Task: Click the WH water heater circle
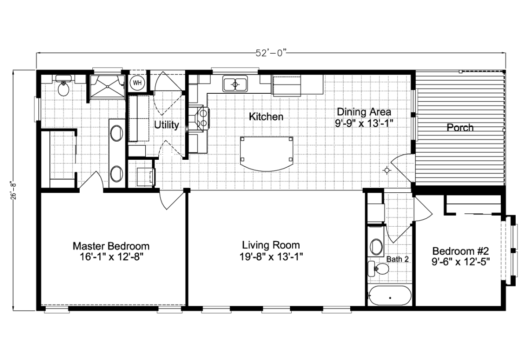[137, 83]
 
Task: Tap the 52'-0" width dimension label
[271, 53]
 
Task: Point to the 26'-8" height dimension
[13, 190]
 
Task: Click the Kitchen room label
[266, 117]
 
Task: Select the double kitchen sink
[235, 84]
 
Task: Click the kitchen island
[267, 154]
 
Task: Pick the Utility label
[167, 125]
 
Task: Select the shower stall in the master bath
[107, 86]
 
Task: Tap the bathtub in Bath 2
[390, 296]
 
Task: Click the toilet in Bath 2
[378, 269]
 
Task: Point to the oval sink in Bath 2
[376, 247]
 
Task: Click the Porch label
[460, 128]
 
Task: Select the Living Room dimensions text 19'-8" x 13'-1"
[271, 257]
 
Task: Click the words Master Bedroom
[111, 246]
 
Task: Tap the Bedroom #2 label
[461, 251]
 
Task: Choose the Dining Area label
[364, 112]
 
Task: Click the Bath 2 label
[397, 259]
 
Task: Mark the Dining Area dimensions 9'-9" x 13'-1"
[364, 123]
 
